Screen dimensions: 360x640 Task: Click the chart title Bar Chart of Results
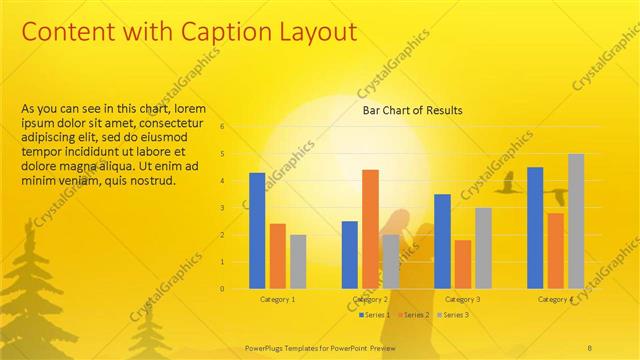(x=412, y=110)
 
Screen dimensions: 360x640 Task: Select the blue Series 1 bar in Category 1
(x=257, y=231)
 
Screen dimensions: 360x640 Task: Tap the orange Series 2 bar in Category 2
(x=370, y=229)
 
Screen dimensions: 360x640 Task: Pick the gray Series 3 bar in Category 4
(x=575, y=221)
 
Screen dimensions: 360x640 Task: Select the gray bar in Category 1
(x=297, y=261)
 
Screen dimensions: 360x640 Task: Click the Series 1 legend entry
(x=375, y=315)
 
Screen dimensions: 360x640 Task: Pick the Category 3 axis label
(x=462, y=299)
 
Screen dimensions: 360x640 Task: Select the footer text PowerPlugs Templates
(x=290, y=347)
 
